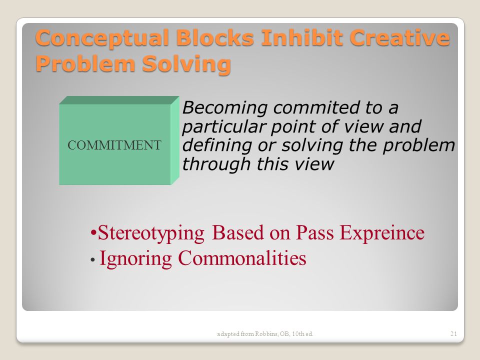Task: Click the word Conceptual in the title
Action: pyautogui.click(x=102, y=38)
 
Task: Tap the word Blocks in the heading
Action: pyautogui.click(x=215, y=37)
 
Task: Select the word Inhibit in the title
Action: pyautogui.click(x=302, y=37)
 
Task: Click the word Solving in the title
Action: pyautogui.click(x=186, y=64)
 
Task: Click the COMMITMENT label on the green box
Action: pyautogui.click(x=114, y=145)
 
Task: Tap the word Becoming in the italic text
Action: pyautogui.click(x=225, y=108)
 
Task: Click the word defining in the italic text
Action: pyautogui.click(x=217, y=145)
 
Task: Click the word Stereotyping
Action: pyautogui.click(x=151, y=233)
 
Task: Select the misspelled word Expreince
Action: pyautogui.click(x=382, y=233)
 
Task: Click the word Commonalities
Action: pyautogui.click(x=242, y=258)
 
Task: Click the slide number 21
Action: pyautogui.click(x=453, y=333)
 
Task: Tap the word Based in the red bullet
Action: pyautogui.click(x=237, y=232)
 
